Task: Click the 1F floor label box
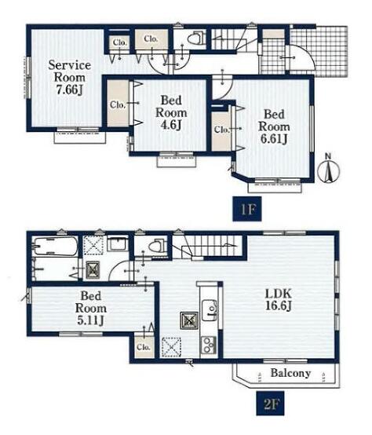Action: click(247, 209)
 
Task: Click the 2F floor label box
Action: click(270, 403)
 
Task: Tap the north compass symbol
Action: click(329, 169)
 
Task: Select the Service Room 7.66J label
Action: click(70, 78)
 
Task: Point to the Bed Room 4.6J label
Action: click(171, 112)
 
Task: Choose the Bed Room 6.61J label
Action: click(274, 126)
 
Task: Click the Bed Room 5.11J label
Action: click(91, 308)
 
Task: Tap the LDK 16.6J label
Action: click(279, 300)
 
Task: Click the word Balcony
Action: click(290, 373)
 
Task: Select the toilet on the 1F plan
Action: click(195, 38)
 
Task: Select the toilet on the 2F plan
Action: click(157, 246)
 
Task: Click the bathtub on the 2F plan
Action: click(55, 246)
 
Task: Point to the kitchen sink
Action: click(210, 310)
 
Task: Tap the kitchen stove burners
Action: click(209, 345)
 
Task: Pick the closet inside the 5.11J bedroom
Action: click(144, 347)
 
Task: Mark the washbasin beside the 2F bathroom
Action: click(118, 244)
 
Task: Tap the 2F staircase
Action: click(207, 246)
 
